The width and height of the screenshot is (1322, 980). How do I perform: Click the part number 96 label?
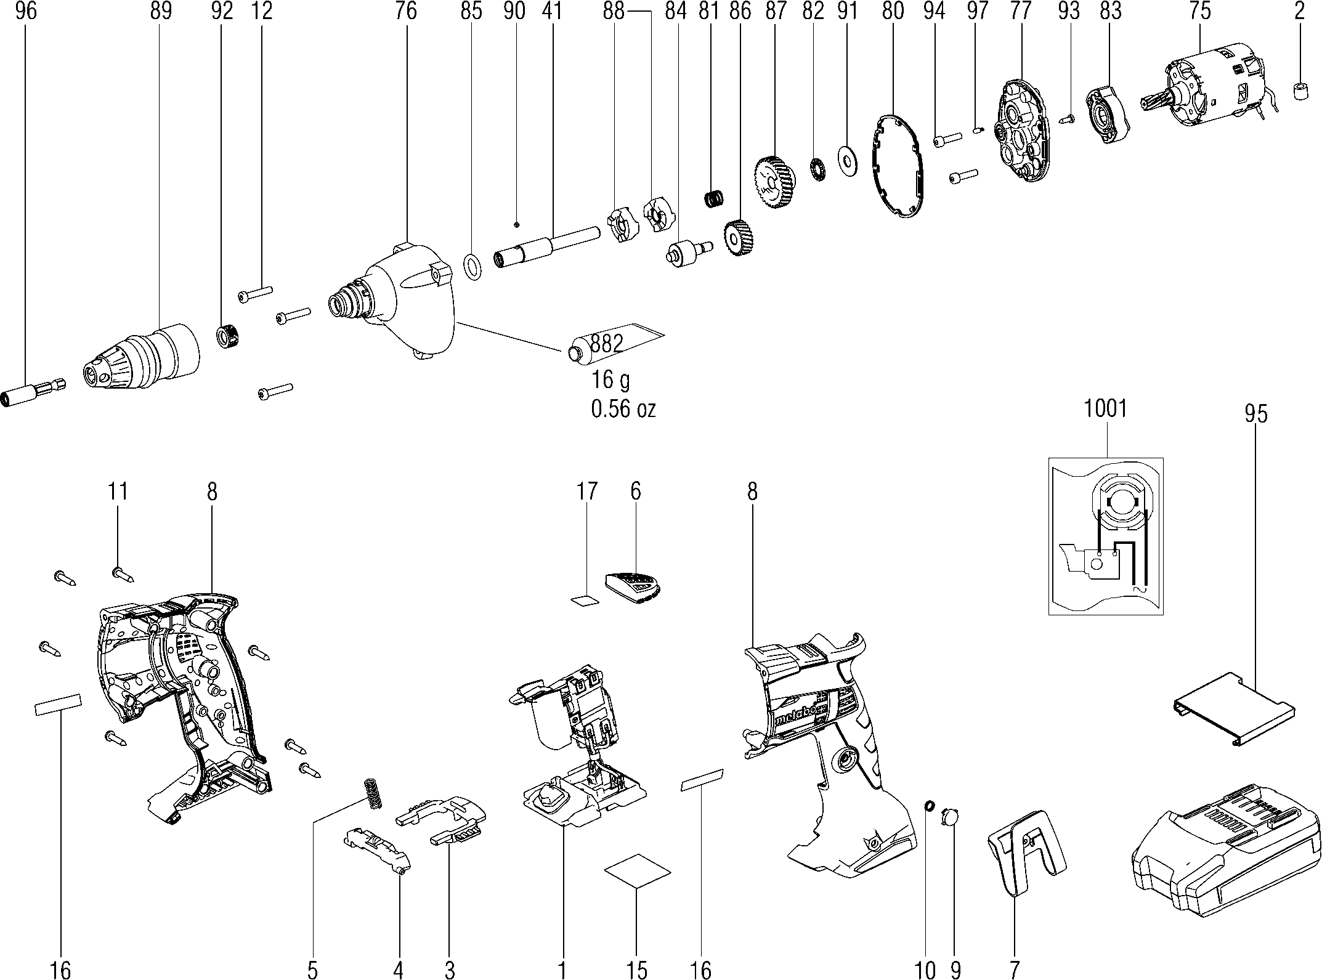(x=26, y=12)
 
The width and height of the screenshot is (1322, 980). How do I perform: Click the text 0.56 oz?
(x=623, y=409)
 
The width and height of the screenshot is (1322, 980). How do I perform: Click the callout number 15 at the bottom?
(x=638, y=970)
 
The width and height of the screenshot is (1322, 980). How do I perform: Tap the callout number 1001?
(x=1106, y=409)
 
